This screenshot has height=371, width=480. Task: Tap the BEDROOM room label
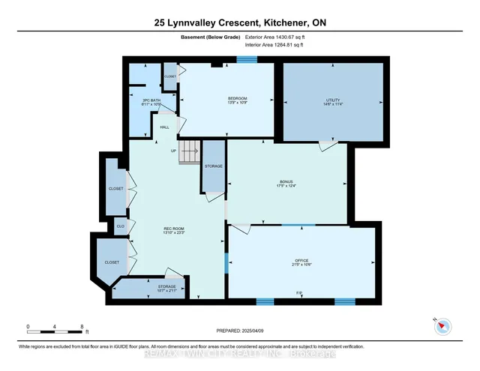pyautogui.click(x=238, y=100)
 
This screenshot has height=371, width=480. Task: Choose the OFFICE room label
pyautogui.click(x=301, y=262)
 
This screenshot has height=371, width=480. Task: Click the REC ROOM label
pyautogui.click(x=175, y=229)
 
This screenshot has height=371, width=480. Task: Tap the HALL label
pyautogui.click(x=164, y=127)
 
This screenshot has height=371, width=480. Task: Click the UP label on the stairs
pyautogui.click(x=175, y=151)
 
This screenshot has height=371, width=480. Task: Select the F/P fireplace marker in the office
pyautogui.click(x=299, y=292)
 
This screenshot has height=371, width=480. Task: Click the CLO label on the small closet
pyautogui.click(x=120, y=225)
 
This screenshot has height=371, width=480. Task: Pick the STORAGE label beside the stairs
pyautogui.click(x=214, y=165)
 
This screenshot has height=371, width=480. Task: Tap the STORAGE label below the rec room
pyautogui.click(x=166, y=286)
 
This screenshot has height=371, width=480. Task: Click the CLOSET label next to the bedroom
pyautogui.click(x=170, y=76)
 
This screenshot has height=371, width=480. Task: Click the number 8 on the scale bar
pyautogui.click(x=81, y=327)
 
